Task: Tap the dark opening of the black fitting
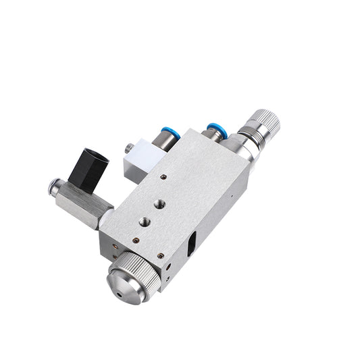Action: click(x=99, y=158)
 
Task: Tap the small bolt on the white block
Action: click(x=128, y=146)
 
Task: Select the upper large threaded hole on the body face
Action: click(x=160, y=203)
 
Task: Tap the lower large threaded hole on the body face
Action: click(x=144, y=221)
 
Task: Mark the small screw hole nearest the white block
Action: click(x=163, y=177)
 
